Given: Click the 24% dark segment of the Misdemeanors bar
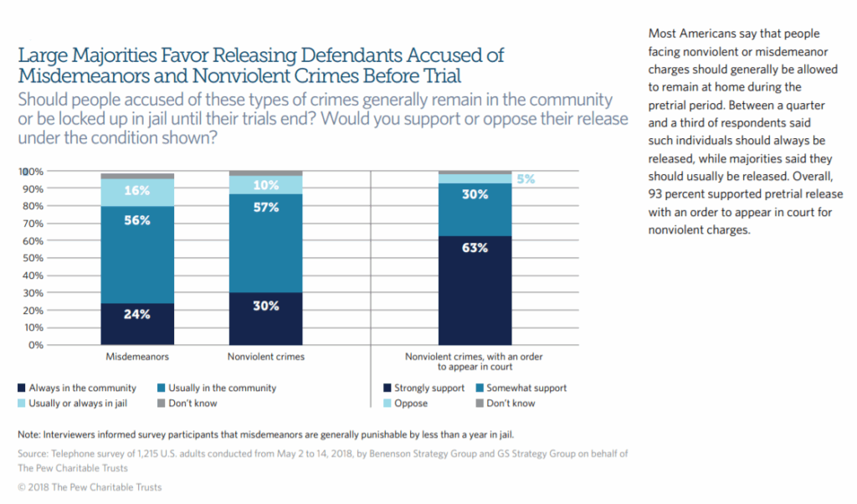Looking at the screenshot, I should point(137,323).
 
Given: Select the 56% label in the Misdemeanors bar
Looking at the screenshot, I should point(137,220).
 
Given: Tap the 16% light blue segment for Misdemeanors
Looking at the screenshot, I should point(137,192).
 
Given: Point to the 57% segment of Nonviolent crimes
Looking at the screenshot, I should point(266,208).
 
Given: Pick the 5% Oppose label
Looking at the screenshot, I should point(526,178).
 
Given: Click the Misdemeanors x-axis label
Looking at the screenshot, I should point(137,357).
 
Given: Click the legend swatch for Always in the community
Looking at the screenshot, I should point(22,388).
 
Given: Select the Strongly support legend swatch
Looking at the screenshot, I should point(387,388).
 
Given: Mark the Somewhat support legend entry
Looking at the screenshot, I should point(526,388).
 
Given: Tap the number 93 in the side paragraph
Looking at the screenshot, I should point(656,194).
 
